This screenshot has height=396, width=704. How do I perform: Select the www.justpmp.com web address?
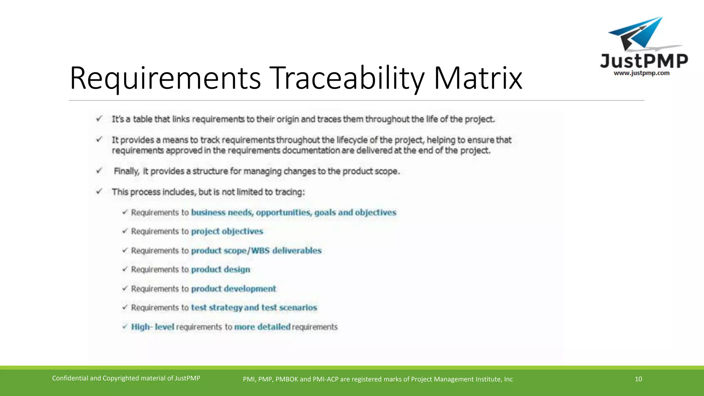click(641, 73)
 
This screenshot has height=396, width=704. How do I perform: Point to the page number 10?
click(638, 379)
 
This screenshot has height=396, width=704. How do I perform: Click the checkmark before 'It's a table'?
click(99, 119)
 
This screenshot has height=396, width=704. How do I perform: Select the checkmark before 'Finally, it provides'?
click(99, 170)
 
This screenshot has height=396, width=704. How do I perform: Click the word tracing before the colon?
click(289, 192)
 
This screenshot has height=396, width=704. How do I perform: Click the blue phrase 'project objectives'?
click(227, 231)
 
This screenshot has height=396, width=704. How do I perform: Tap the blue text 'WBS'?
click(260, 251)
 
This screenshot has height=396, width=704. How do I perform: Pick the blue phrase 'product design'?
click(220, 269)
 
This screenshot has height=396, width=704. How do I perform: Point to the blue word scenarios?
click(298, 308)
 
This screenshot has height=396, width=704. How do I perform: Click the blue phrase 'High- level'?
click(152, 327)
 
